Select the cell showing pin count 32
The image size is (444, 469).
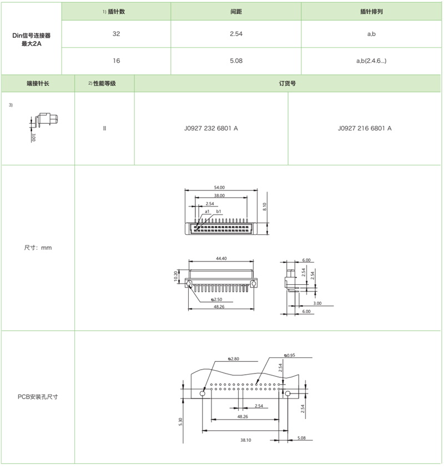click(116, 34)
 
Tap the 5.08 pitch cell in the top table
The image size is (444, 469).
click(235, 61)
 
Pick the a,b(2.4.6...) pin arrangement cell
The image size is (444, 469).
click(371, 61)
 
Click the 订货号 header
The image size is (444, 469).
click(287, 83)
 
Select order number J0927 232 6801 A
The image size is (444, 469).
click(211, 128)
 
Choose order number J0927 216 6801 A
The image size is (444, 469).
click(365, 128)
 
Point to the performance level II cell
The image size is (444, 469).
click(104, 128)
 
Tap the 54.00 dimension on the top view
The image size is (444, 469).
click(218, 188)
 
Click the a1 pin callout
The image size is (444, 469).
click(207, 211)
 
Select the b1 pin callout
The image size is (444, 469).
click(219, 211)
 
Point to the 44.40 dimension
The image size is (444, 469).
click(221, 258)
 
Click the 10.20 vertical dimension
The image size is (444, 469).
click(176, 276)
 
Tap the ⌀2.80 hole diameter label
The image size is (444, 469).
click(234, 359)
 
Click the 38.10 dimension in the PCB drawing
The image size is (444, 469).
click(245, 440)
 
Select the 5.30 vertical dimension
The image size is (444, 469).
click(181, 422)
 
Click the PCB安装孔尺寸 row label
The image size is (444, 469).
click(38, 397)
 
